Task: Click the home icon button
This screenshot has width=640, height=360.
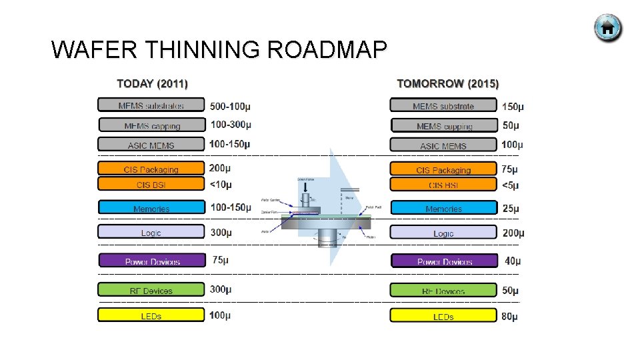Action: (x=608, y=28)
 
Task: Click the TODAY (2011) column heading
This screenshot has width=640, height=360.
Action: (x=152, y=84)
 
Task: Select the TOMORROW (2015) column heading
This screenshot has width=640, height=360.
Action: (x=447, y=84)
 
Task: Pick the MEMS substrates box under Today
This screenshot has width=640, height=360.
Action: (x=151, y=105)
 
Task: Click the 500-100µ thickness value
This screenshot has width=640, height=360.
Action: (x=230, y=106)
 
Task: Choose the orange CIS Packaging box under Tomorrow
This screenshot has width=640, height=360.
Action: (x=443, y=169)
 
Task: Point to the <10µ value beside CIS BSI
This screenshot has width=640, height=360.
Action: (x=221, y=185)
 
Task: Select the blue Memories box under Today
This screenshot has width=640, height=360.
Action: (x=151, y=208)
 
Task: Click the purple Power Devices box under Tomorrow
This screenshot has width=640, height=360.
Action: (x=444, y=261)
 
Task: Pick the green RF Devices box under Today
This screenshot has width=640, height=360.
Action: (x=151, y=290)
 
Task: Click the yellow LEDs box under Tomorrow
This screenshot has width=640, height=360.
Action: (x=443, y=316)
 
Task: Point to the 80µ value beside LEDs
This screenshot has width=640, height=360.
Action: (x=509, y=316)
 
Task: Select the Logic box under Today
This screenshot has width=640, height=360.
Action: (x=151, y=232)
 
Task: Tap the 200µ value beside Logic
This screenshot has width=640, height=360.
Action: (x=513, y=233)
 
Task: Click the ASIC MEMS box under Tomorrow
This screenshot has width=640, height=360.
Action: (x=443, y=145)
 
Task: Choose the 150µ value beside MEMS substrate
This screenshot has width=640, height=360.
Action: (x=513, y=106)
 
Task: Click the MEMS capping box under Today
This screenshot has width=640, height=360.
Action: (x=152, y=125)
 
